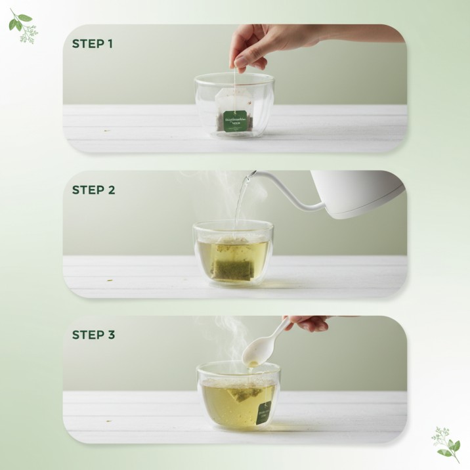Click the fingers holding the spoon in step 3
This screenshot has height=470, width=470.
click(309, 323)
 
